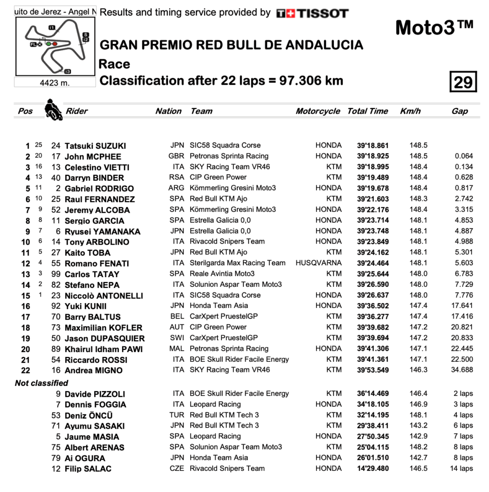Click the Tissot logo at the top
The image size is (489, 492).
[x=312, y=13]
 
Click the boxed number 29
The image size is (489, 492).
[x=463, y=82]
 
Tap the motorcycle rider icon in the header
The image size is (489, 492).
[x=53, y=110]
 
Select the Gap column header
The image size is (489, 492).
[x=459, y=111]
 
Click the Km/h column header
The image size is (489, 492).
[x=410, y=111]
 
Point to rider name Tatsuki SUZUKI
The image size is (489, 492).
[x=96, y=146]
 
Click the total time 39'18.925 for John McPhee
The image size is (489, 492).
[x=373, y=156]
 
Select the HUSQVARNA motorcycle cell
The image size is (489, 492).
[x=318, y=263]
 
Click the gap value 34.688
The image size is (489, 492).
[x=462, y=370]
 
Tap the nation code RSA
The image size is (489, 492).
[x=177, y=177]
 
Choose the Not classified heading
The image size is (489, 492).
[x=41, y=383]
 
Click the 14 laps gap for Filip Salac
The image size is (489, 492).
[x=461, y=468]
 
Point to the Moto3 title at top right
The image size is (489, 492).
[x=434, y=28]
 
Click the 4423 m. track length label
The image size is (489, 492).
[x=54, y=83]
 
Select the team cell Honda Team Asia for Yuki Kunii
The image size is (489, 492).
[x=219, y=306]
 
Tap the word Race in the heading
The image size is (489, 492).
[x=114, y=64]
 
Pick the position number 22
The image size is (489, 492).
[x=25, y=370]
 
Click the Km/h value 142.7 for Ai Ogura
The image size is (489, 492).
[x=418, y=458]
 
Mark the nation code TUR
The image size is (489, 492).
[x=177, y=415]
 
